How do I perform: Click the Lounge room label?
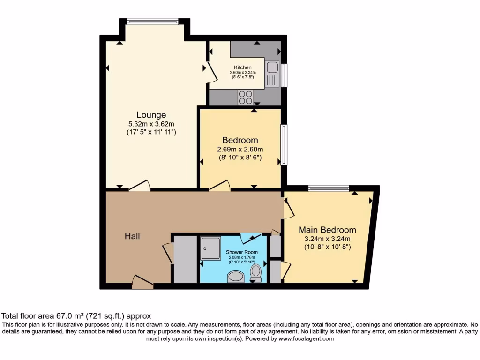coord(151,115)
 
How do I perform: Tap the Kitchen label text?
coord(242,68)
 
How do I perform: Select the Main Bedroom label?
coord(327,230)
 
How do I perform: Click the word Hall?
coord(132,237)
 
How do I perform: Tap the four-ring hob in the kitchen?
coord(245,97)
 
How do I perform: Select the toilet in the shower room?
coord(256,272)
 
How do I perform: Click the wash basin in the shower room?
coord(235,278)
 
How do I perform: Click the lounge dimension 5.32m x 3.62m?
coord(151,124)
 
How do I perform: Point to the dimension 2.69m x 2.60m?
coord(240,150)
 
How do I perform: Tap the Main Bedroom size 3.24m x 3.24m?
coord(327,239)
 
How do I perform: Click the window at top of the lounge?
coord(152,21)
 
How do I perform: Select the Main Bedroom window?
coord(329,188)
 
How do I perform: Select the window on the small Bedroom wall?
coord(283,144)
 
